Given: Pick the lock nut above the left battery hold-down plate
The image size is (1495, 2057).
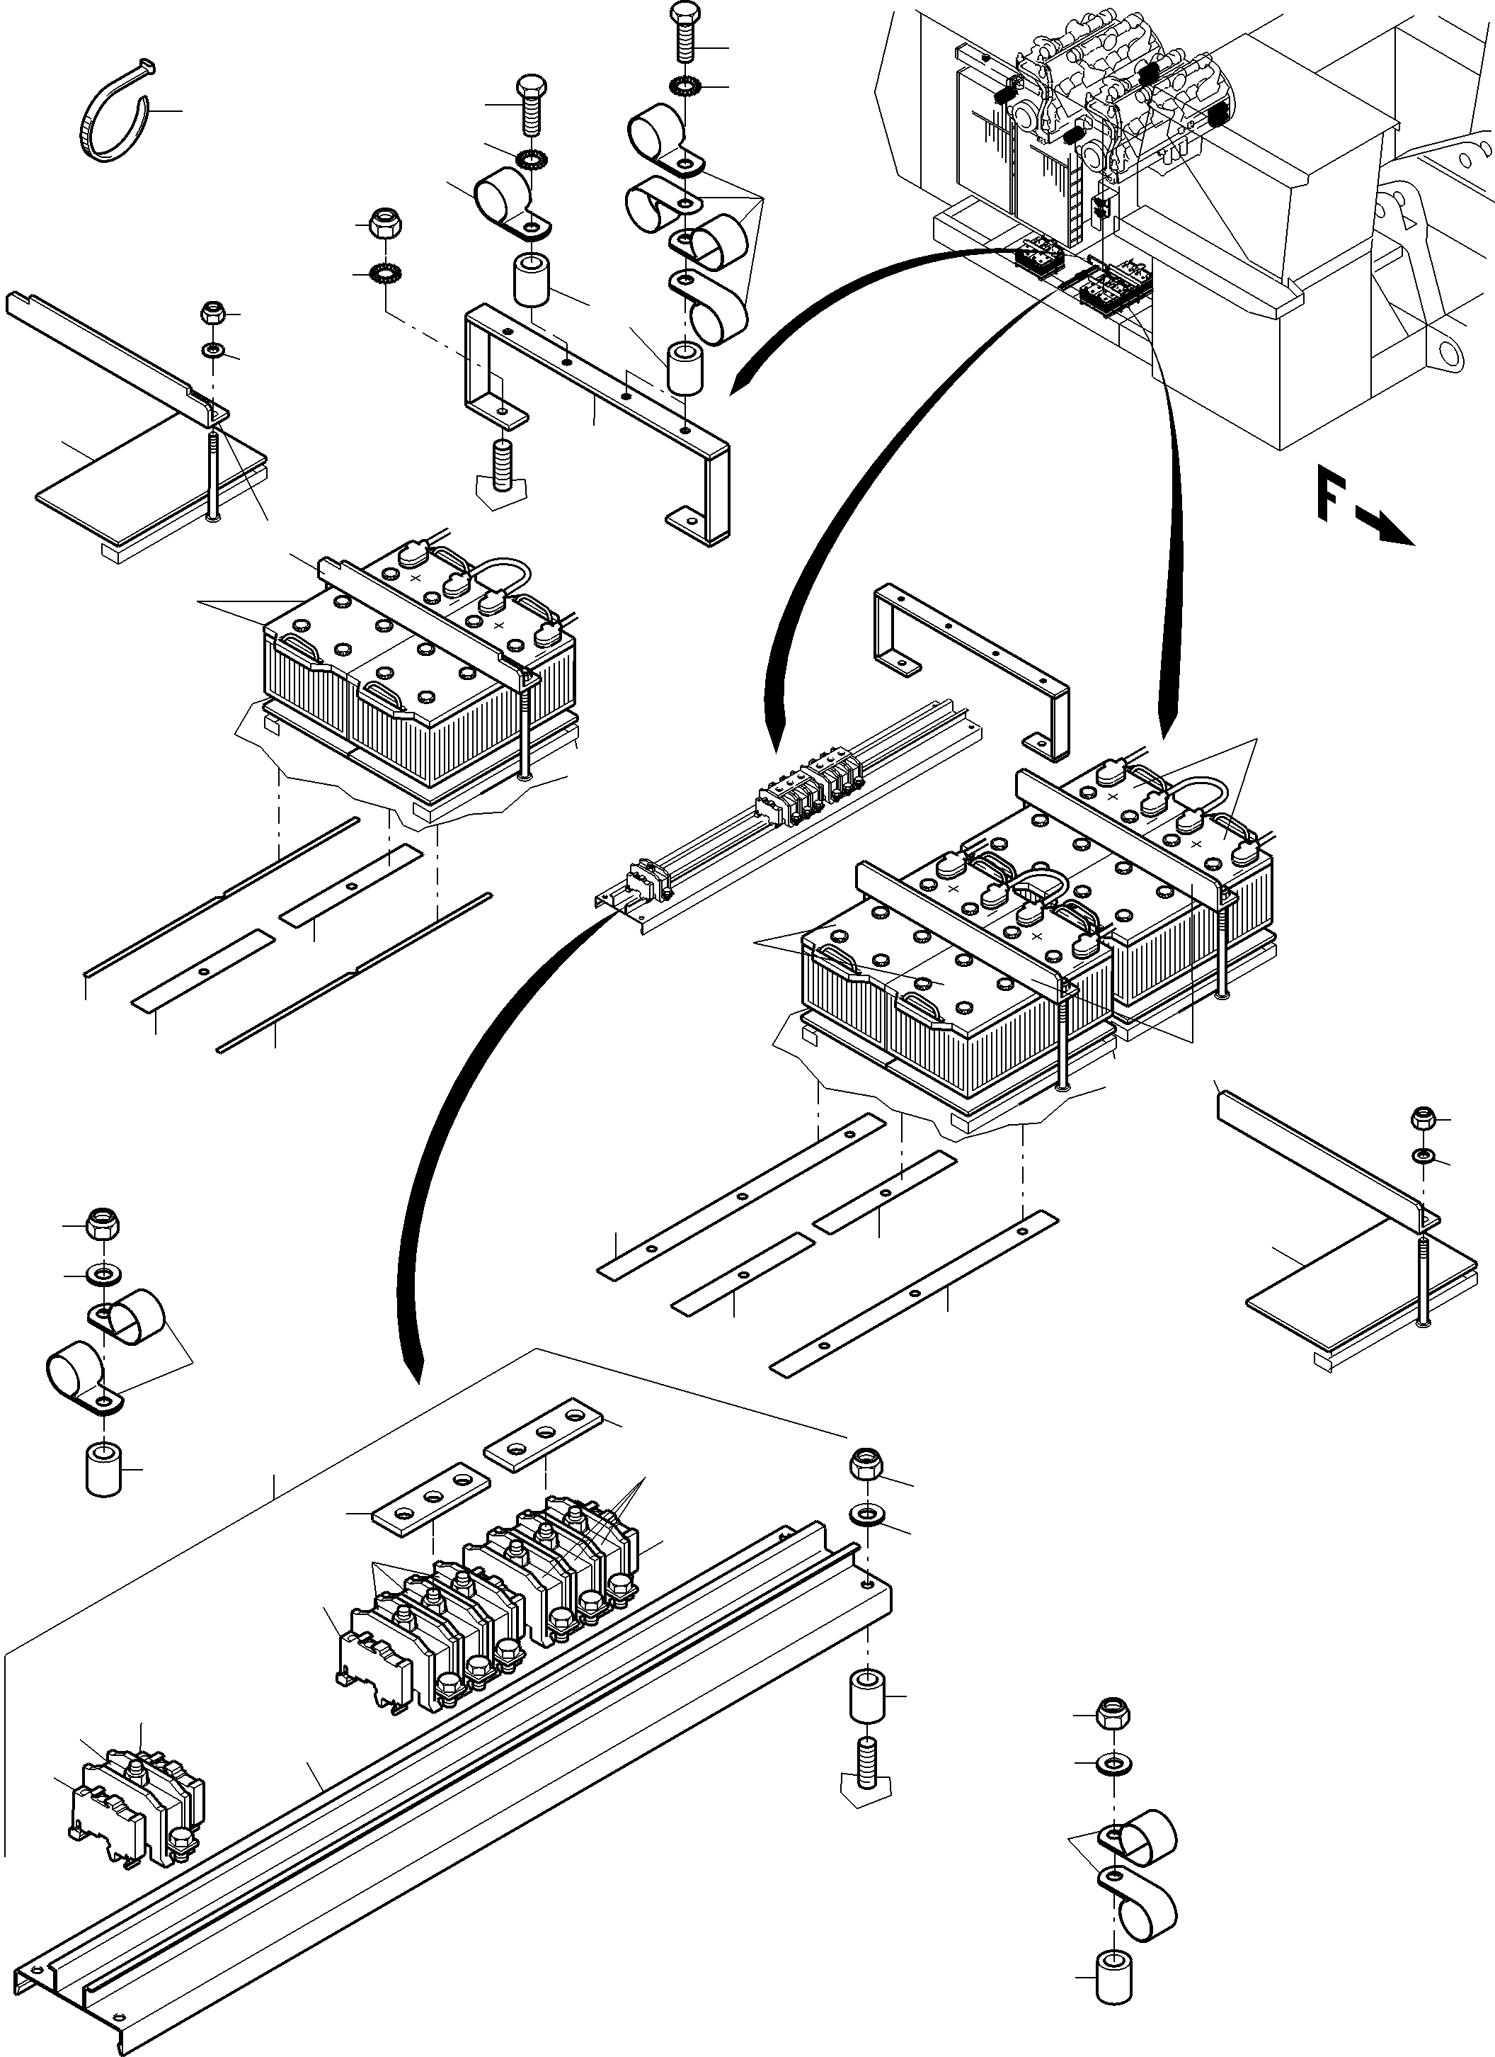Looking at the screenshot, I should [x=214, y=314].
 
